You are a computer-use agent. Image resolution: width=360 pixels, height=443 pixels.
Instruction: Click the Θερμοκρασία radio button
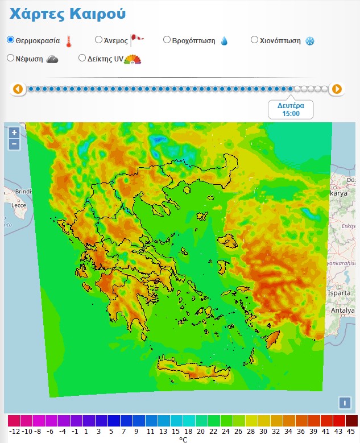[11, 40]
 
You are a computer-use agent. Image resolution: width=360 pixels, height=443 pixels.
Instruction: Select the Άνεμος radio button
[98, 40]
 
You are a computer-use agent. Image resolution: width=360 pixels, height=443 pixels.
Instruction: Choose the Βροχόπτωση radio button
[167, 40]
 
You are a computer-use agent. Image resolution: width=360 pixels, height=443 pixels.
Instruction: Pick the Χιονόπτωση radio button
[255, 40]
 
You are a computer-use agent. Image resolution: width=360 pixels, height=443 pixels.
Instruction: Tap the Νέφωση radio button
[11, 58]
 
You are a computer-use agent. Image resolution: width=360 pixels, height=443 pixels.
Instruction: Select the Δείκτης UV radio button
[82, 58]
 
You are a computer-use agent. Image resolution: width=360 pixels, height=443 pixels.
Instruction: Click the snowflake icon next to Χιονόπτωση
[310, 41]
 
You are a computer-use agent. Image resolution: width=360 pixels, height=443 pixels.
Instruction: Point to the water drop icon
[224, 41]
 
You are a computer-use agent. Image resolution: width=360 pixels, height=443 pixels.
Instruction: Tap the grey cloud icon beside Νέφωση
[52, 59]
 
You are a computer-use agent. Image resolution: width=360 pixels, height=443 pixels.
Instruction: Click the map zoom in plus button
[14, 133]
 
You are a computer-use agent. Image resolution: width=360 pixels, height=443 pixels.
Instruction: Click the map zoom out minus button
[14, 144]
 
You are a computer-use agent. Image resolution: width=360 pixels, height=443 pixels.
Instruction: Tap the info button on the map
[344, 403]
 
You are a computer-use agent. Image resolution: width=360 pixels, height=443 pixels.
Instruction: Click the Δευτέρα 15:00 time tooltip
[291, 109]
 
